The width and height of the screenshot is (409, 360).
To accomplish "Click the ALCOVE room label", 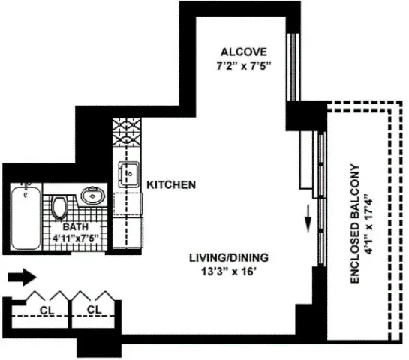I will click(x=244, y=52).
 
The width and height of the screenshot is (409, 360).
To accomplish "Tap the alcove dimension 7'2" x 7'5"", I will click(x=244, y=65).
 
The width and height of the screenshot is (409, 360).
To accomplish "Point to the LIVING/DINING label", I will click(x=228, y=257).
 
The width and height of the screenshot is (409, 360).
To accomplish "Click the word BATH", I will click(x=75, y=226).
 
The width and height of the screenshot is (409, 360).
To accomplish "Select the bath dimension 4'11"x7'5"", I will click(x=75, y=238).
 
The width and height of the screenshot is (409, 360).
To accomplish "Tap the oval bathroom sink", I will click(x=92, y=196).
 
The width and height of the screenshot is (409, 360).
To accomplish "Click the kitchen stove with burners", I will click(x=124, y=137).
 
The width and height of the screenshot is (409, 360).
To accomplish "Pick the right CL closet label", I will click(x=94, y=309).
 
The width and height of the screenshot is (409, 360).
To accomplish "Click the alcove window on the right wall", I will click(x=296, y=64).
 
